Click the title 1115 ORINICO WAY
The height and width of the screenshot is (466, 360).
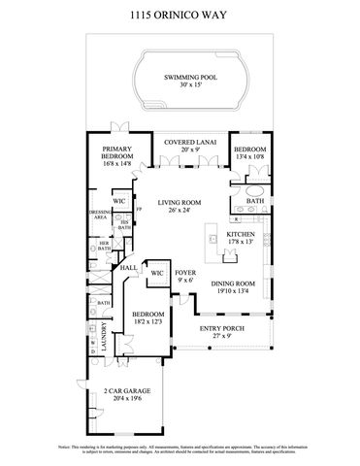(x=180, y=17)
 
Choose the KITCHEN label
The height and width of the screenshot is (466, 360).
(x=241, y=235)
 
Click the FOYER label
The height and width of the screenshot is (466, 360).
(x=185, y=274)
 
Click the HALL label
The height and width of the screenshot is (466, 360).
(x=127, y=267)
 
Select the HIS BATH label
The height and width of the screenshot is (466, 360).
(x=124, y=224)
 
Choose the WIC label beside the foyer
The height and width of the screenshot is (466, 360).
(x=156, y=274)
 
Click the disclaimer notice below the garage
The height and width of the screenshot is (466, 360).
(x=180, y=449)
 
